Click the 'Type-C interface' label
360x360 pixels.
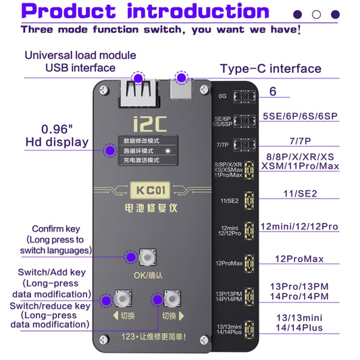271,68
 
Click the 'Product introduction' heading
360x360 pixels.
145,11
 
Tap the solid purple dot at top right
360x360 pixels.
297,14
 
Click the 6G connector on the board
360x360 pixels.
238,96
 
